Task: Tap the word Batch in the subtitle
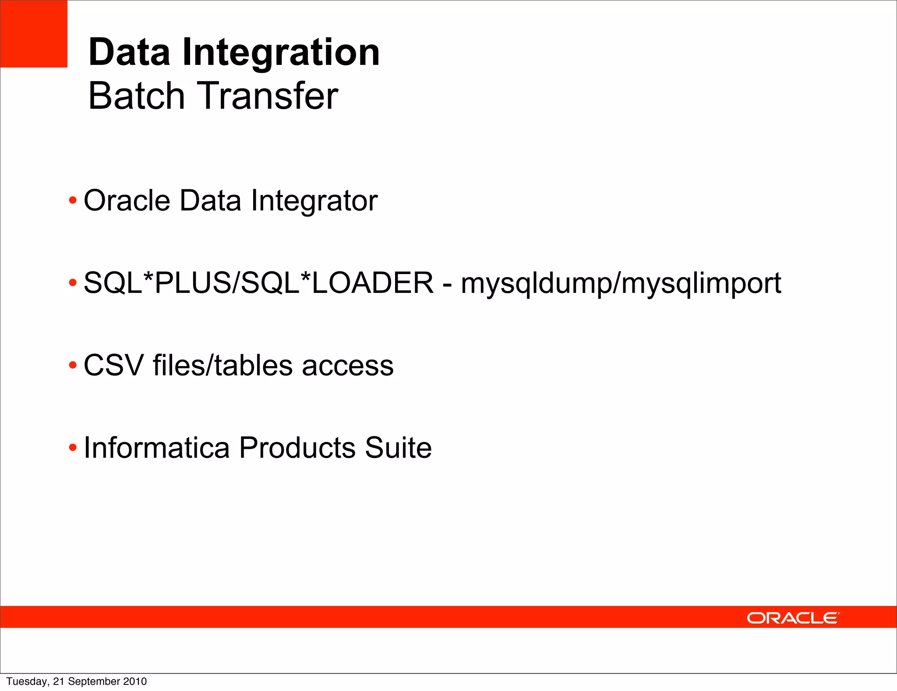coord(136,96)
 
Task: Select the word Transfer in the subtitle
coord(269,96)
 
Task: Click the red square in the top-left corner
coord(34,34)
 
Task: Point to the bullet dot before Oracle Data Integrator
coord(73,201)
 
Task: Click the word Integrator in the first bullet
coord(314,201)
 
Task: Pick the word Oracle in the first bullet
coord(127,201)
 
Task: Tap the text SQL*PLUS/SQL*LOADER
coord(258,283)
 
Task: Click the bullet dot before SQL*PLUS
coord(73,283)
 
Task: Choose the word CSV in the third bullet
coord(113,366)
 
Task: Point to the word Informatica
coord(156,448)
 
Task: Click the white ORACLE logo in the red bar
coord(793,618)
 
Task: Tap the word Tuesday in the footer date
coord(28,682)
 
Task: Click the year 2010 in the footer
coord(135,681)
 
